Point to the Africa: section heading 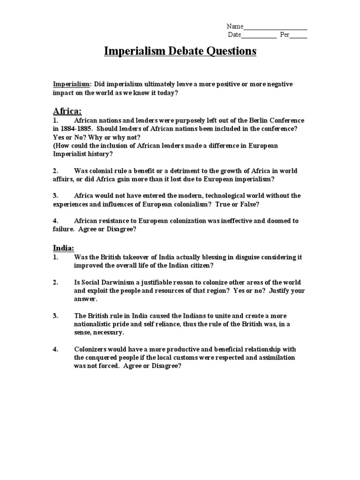67,111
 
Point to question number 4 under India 56,349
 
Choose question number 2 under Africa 56,171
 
